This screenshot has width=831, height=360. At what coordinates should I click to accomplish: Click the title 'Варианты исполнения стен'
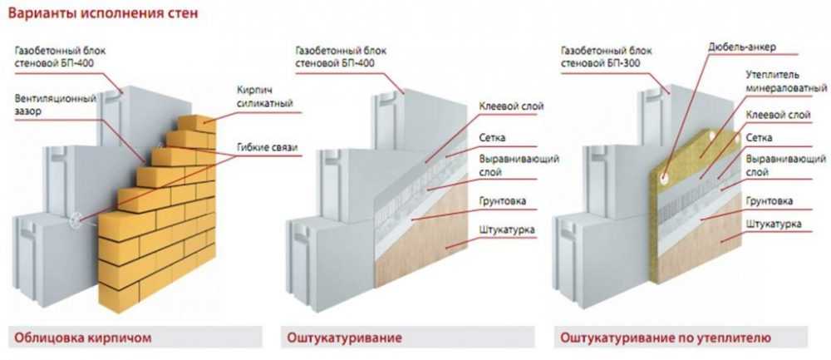(105, 14)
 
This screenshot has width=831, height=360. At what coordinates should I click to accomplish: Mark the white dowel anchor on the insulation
(666, 175)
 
